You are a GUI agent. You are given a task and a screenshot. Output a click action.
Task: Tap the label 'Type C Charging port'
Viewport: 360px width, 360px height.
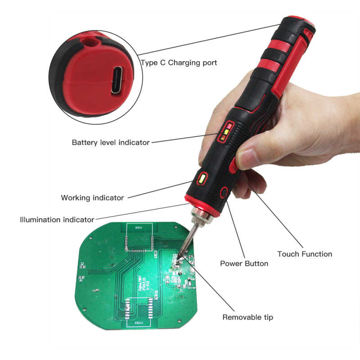(x=179, y=63)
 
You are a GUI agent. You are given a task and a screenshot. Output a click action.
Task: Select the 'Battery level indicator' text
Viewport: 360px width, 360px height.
(x=111, y=142)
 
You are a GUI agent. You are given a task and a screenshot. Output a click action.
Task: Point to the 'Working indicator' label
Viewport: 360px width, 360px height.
(x=92, y=198)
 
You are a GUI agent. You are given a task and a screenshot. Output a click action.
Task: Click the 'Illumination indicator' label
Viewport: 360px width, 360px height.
(x=57, y=220)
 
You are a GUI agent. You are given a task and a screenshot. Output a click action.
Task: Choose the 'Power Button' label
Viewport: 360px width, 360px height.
(x=244, y=263)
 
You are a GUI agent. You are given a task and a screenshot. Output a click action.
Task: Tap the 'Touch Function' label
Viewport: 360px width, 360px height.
(x=305, y=254)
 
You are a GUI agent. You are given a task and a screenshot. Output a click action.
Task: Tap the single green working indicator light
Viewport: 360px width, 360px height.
(x=201, y=179)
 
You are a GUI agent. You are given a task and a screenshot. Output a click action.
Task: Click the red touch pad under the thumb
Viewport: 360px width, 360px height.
(x=234, y=167)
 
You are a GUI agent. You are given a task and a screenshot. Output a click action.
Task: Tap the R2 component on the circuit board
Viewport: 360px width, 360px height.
(x=82, y=264)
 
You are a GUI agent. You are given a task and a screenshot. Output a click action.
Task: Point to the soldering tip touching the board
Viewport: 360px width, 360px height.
(x=182, y=256)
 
